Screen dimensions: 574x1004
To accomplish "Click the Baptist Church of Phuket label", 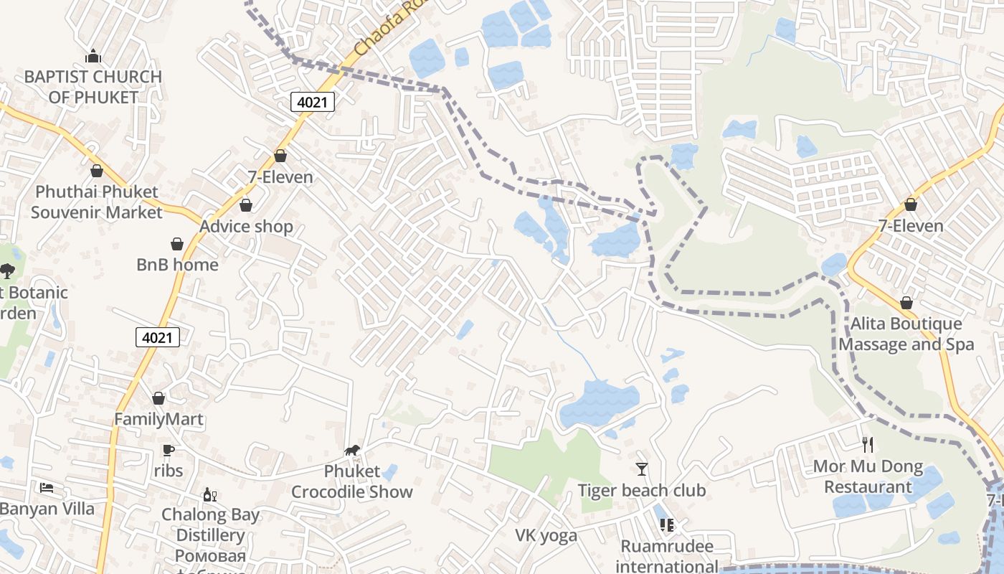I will coord(93,86).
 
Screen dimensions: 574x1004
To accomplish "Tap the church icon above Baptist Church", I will coord(93,56).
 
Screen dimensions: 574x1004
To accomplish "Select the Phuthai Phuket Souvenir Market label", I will coord(97,202).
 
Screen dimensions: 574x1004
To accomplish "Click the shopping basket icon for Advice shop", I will coord(246,206).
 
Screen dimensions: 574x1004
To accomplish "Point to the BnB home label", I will coord(177,265).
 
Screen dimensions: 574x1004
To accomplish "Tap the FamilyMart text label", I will coord(158,419).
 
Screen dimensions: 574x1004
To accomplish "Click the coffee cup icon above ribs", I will coord(169,450).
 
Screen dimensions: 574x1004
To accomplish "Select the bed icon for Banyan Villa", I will coord(47,488).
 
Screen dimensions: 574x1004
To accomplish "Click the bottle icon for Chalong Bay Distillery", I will coord(210,494).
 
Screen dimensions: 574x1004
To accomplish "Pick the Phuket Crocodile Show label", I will coord(351,481).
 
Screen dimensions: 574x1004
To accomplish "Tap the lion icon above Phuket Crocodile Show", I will coord(352,451).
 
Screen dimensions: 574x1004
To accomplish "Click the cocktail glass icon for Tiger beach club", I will coord(642,469).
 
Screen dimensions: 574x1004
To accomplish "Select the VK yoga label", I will coord(546,536).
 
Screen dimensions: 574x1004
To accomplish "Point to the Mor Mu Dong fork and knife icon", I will coord(868,445).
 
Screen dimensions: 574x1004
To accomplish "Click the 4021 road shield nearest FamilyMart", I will coord(157,337).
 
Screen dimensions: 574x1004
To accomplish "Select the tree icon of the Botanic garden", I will coord(7,270).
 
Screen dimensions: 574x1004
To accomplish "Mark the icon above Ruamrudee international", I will coord(667,525).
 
